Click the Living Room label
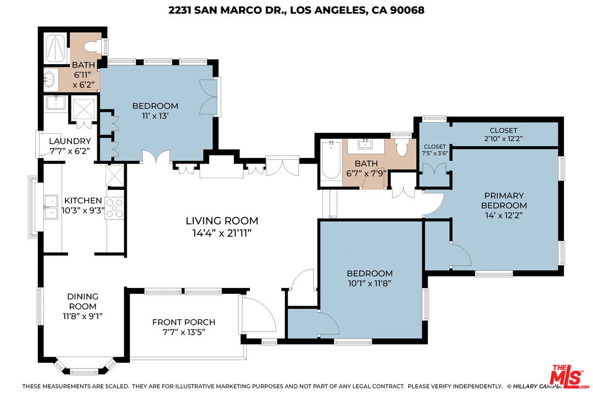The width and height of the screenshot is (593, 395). tap(222, 221)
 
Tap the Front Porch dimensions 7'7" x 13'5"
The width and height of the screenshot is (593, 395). tap(183, 332)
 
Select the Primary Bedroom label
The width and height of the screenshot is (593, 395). tap(504, 200)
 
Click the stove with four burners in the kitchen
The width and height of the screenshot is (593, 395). tap(114, 208)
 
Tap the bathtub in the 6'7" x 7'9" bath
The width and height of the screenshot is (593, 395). tap(331, 160)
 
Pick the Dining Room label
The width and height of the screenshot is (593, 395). tap(83, 301)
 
